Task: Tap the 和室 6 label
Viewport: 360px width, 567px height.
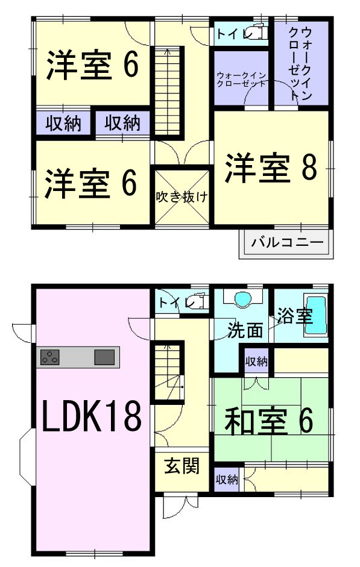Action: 269,421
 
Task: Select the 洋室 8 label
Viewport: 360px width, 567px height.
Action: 271,168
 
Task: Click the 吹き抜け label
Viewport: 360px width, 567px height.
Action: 182,197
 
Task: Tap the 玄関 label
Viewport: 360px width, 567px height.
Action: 182,466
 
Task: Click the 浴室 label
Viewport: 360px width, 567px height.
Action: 295,315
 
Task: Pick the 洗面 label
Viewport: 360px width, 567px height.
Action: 245,330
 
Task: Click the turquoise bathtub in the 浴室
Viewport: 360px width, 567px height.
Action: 315,315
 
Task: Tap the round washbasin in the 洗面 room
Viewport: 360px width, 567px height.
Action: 243,299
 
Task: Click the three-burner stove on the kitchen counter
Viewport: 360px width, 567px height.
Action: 50,357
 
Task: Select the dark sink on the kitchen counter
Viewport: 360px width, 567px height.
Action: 104,357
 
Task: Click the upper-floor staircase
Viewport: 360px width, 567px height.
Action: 168,91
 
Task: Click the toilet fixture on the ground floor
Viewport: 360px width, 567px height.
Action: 198,301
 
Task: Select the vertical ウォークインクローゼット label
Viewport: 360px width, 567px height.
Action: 300,64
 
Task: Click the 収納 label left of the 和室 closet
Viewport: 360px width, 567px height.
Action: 227,480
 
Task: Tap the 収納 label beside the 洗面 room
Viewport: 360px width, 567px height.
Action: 256,361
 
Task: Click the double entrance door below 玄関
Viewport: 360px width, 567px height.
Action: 180,504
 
